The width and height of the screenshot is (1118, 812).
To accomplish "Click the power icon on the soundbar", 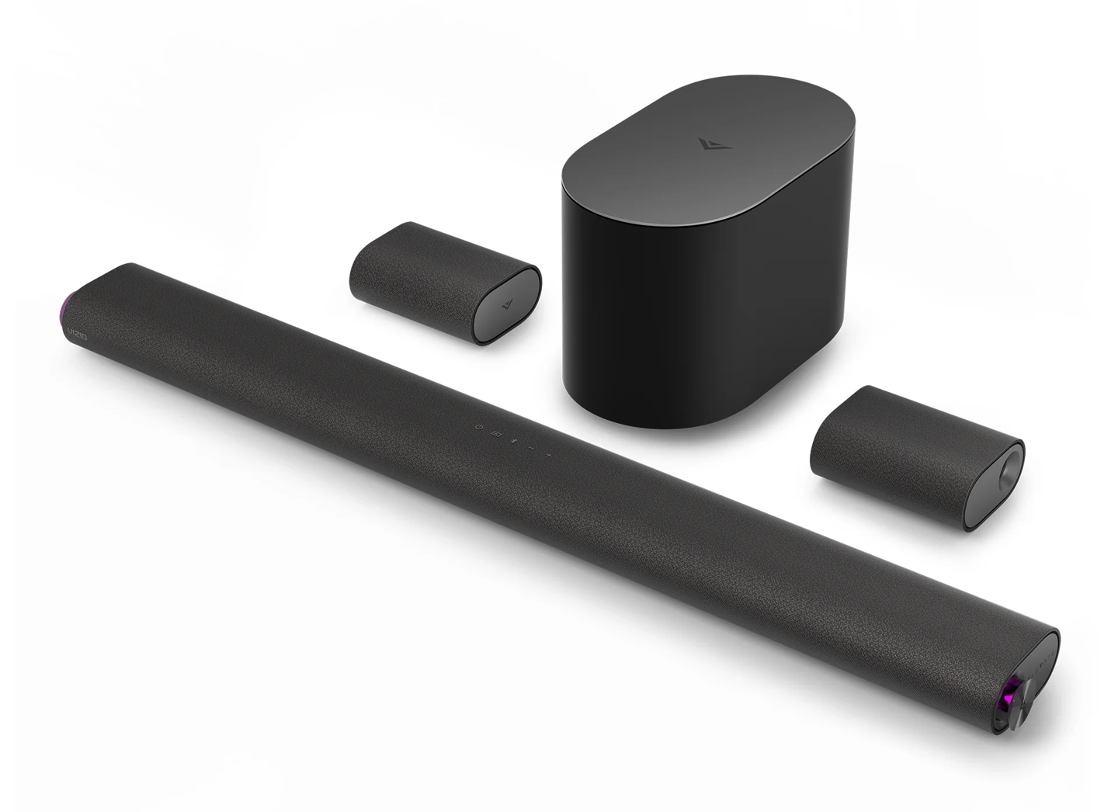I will click(480, 427).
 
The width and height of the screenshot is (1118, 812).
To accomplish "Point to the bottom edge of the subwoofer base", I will click(660, 423).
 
